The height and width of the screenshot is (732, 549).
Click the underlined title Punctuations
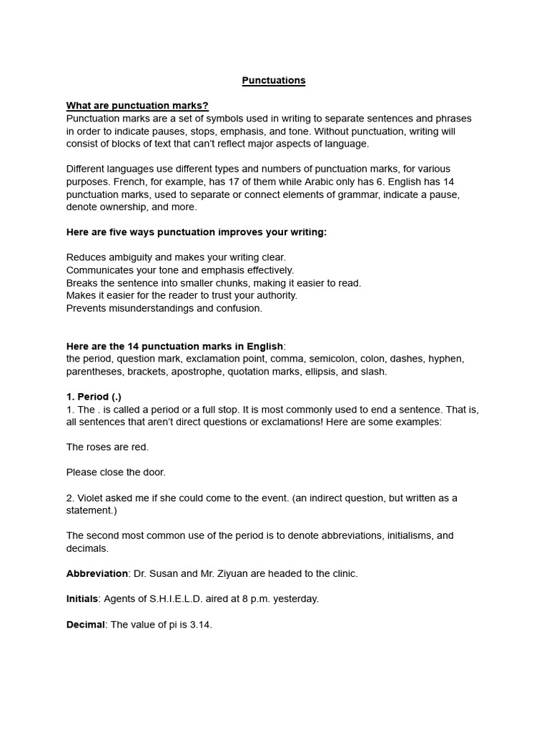coord(273,81)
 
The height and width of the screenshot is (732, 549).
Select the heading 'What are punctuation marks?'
coord(137,106)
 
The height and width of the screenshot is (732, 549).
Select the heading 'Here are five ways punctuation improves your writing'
coord(197,232)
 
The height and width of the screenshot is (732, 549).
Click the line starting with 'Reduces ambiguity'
coord(176,257)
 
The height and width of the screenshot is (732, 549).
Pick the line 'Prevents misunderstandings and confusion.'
coord(164,308)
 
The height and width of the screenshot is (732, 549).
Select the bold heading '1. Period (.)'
coord(94,397)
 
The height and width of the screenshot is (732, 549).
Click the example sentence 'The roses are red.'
coord(107,447)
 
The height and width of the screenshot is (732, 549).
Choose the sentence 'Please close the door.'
coord(116,473)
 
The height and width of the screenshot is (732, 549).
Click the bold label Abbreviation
coord(97,573)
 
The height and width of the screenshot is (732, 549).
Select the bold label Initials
coord(82,599)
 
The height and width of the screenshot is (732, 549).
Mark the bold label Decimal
coord(86,625)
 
